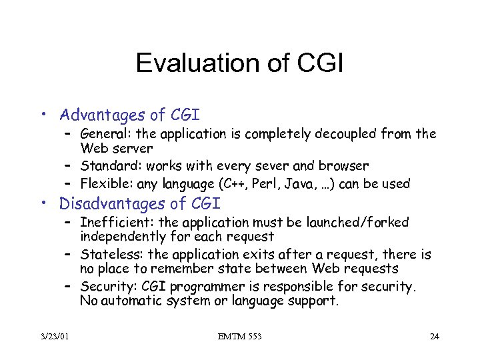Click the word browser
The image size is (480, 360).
pos(345,165)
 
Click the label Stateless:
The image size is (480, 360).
pos(109,255)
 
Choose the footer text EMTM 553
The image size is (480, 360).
pos(240,337)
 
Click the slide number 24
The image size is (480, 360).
pos(434,337)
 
